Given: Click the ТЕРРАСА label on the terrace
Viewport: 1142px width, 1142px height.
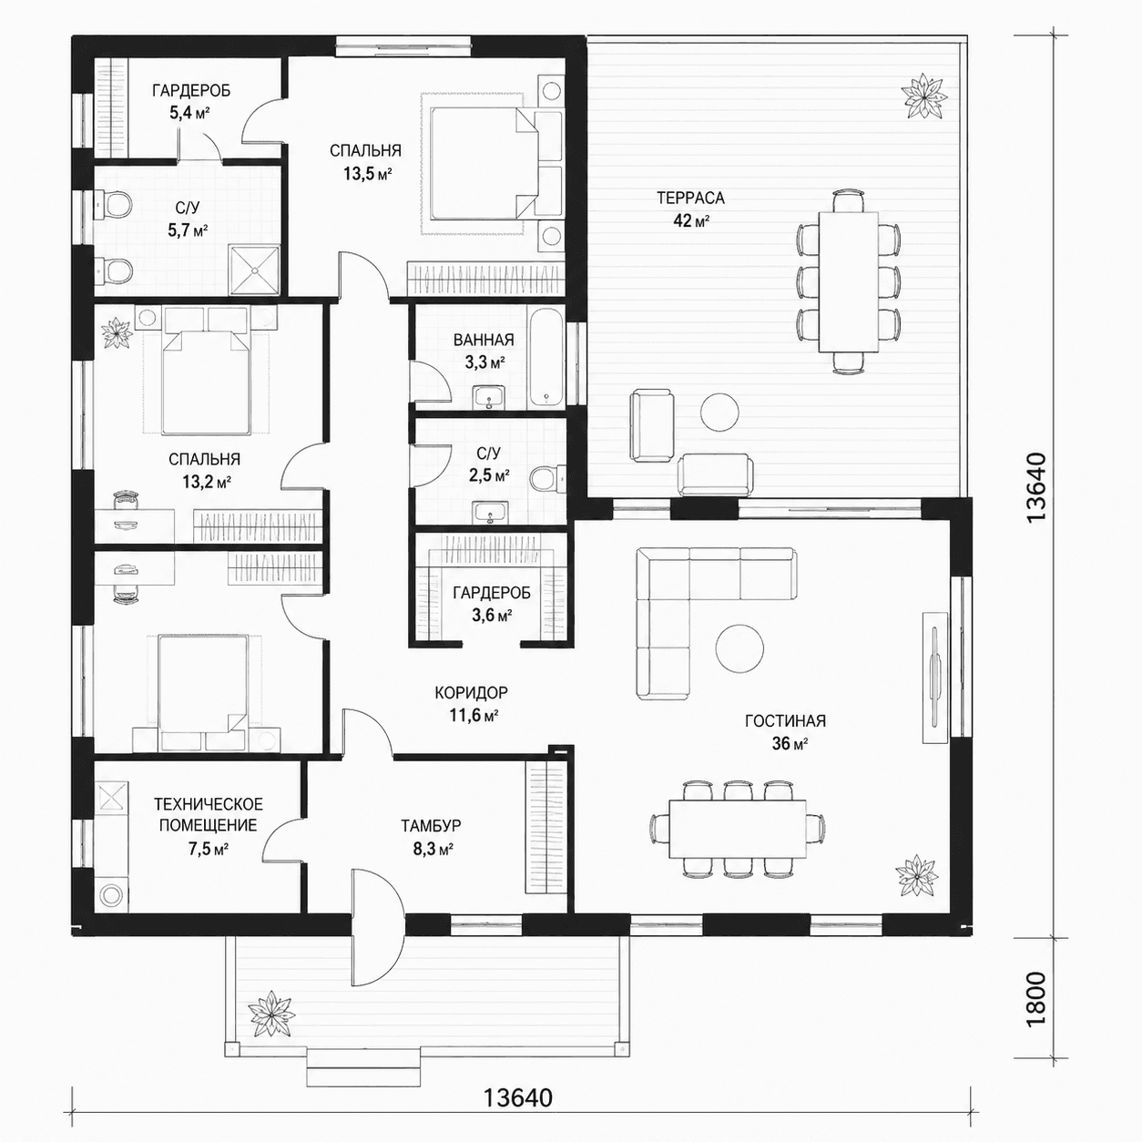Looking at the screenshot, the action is pyautogui.click(x=690, y=198).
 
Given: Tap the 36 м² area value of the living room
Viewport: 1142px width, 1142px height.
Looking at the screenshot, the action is pyautogui.click(x=790, y=743).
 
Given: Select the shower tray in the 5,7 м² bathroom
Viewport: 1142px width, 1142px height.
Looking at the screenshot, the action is pyautogui.click(x=254, y=270).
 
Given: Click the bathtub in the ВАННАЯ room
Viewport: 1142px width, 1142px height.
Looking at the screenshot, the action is pyautogui.click(x=546, y=357).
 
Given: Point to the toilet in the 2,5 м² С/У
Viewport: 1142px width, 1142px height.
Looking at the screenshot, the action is pyautogui.click(x=549, y=478).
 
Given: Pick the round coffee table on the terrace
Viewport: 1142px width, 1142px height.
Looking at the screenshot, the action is pyautogui.click(x=719, y=412).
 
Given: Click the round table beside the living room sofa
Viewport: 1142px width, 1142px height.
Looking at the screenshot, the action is pyautogui.click(x=739, y=648).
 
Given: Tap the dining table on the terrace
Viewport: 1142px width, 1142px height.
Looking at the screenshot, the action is pyautogui.click(x=848, y=281).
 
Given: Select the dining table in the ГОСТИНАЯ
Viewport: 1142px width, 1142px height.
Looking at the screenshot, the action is pyautogui.click(x=738, y=829).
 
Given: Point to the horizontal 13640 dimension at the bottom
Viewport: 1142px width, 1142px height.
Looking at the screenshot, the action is pyautogui.click(x=518, y=1097).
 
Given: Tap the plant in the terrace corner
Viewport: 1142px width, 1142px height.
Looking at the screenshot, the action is pyautogui.click(x=923, y=96).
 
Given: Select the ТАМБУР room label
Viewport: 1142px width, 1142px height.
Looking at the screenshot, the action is pyautogui.click(x=430, y=825).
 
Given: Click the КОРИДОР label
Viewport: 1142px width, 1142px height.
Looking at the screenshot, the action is pyautogui.click(x=471, y=692).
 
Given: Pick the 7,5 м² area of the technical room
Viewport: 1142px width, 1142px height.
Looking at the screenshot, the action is pyautogui.click(x=209, y=849).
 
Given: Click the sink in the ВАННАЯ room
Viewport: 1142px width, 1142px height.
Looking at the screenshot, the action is pyautogui.click(x=489, y=396).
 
